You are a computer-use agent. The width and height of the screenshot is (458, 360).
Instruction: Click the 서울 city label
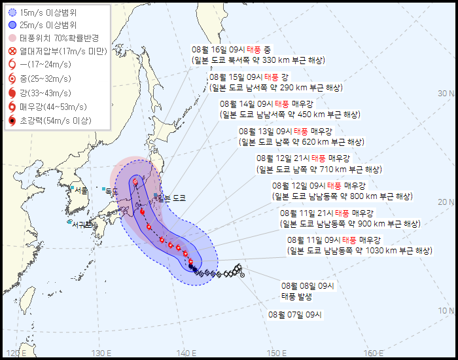[x=81, y=190]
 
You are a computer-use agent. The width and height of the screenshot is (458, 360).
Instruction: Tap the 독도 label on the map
[x=111, y=190]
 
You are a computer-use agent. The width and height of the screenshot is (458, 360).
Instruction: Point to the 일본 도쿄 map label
[x=171, y=198]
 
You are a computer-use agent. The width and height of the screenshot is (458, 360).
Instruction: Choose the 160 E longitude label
[x=374, y=353]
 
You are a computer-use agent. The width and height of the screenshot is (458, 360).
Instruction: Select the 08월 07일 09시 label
[x=296, y=314]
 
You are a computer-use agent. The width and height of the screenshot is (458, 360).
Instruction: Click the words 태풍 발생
[x=297, y=297]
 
